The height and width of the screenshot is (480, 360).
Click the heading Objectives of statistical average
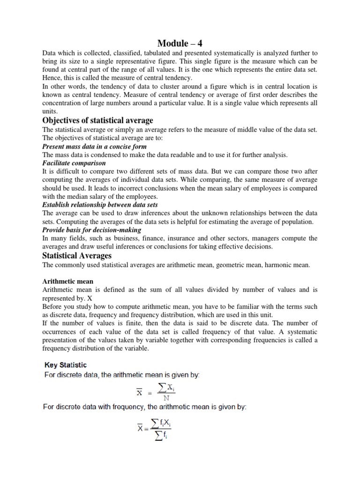(x=97, y=120)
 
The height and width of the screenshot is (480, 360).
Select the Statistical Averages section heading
(x=77, y=255)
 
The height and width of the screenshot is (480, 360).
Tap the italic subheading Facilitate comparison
(x=74, y=163)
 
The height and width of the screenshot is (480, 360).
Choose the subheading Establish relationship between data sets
(x=100, y=205)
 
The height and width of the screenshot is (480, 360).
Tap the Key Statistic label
(x=65, y=364)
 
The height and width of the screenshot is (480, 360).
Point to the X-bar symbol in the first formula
(x=139, y=393)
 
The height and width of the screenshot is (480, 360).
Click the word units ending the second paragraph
(x=49, y=112)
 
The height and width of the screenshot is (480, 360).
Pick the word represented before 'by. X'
(x=61, y=298)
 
